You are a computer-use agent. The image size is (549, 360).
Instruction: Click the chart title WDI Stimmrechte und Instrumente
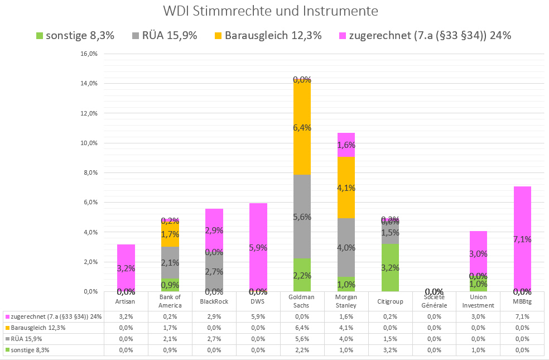(271, 11)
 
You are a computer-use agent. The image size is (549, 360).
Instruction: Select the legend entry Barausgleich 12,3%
(267, 36)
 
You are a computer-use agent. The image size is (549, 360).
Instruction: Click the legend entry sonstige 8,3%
(75, 36)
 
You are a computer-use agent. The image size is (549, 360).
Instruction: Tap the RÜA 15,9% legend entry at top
(165, 36)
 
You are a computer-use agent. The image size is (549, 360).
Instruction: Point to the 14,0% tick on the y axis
(90, 84)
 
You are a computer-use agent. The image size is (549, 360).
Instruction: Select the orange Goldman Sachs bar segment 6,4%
(302, 127)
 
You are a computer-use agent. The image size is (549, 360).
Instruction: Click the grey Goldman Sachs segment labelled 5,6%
(302, 217)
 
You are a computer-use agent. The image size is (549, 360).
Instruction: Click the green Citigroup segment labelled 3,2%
(390, 267)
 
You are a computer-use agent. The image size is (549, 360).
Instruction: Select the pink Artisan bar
(126, 268)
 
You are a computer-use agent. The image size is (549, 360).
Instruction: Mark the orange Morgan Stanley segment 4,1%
(346, 188)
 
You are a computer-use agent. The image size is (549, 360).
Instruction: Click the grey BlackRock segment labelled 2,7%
(214, 271)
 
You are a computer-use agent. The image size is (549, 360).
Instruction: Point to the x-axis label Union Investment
(478, 301)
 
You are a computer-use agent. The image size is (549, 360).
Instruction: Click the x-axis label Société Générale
(434, 301)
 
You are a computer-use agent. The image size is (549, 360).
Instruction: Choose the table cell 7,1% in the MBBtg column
(522, 316)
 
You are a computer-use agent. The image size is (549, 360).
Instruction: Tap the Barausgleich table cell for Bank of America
(170, 327)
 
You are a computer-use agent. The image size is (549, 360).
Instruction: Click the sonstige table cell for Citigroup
(390, 350)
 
